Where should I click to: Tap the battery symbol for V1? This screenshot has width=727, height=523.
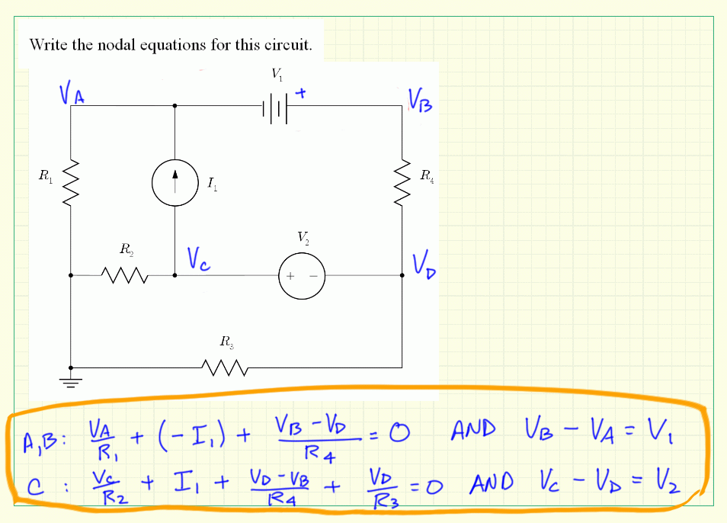tap(275, 107)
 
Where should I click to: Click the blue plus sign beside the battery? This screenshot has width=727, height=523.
tap(302, 94)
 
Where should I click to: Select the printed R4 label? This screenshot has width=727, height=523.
tap(428, 176)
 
